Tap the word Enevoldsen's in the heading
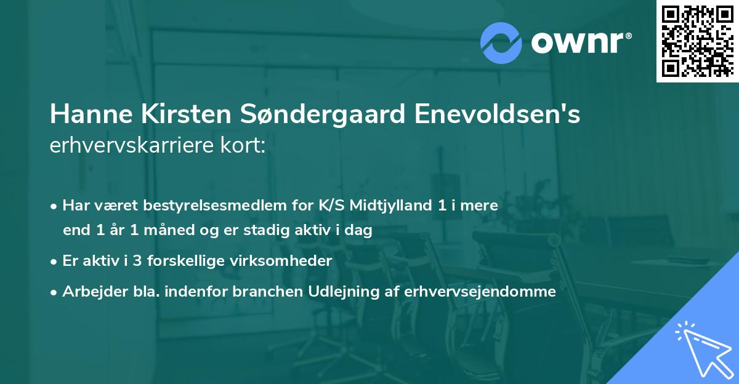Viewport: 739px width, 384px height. click(x=497, y=115)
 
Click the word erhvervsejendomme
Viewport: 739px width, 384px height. click(x=480, y=291)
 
